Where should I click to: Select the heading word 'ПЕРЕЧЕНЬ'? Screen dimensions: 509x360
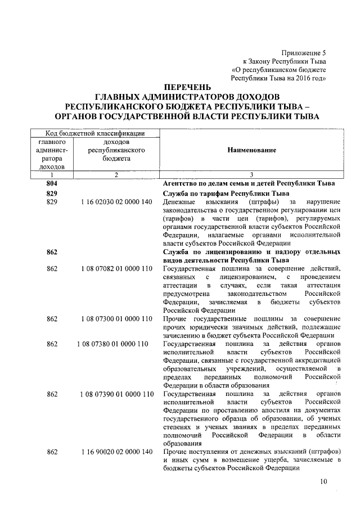188,87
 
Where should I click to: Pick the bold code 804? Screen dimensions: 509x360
52,183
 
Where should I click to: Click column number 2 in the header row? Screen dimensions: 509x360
115,175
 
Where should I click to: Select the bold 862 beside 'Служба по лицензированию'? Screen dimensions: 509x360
52,251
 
